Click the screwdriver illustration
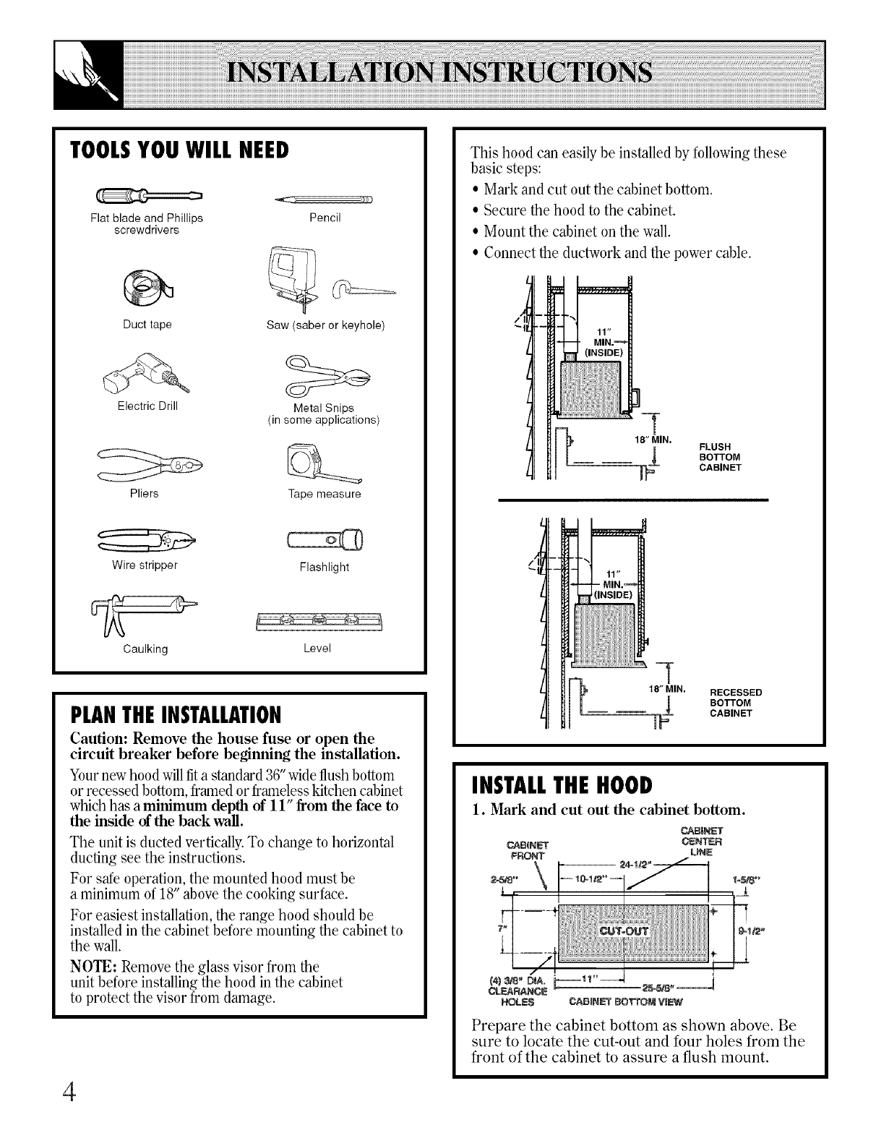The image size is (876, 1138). click(152, 195)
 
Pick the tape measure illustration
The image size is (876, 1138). click(324, 463)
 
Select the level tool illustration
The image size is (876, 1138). click(319, 620)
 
